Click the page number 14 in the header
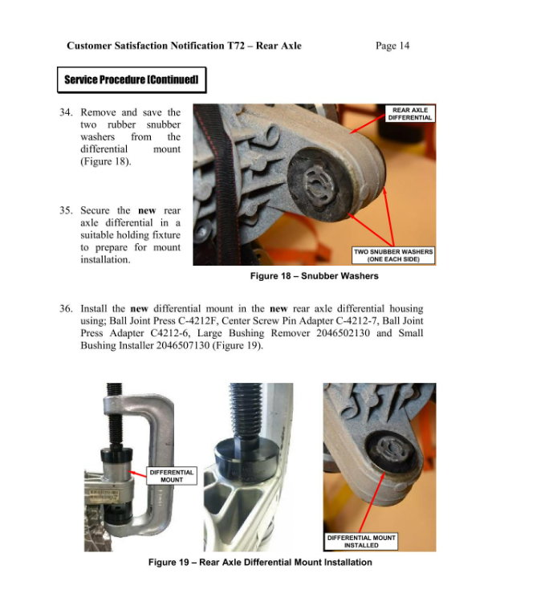coord(403,46)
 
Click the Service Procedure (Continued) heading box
coord(131,80)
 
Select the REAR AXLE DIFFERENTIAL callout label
coord(409,114)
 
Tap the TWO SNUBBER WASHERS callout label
coord(393,255)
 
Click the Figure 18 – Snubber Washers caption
coord(303,276)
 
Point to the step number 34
coord(67,112)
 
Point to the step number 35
coord(67,210)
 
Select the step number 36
coord(67,308)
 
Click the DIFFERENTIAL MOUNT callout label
coord(171,476)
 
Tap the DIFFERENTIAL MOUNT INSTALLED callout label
coord(361,541)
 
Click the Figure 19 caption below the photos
coord(260,562)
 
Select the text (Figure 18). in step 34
coord(106,161)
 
